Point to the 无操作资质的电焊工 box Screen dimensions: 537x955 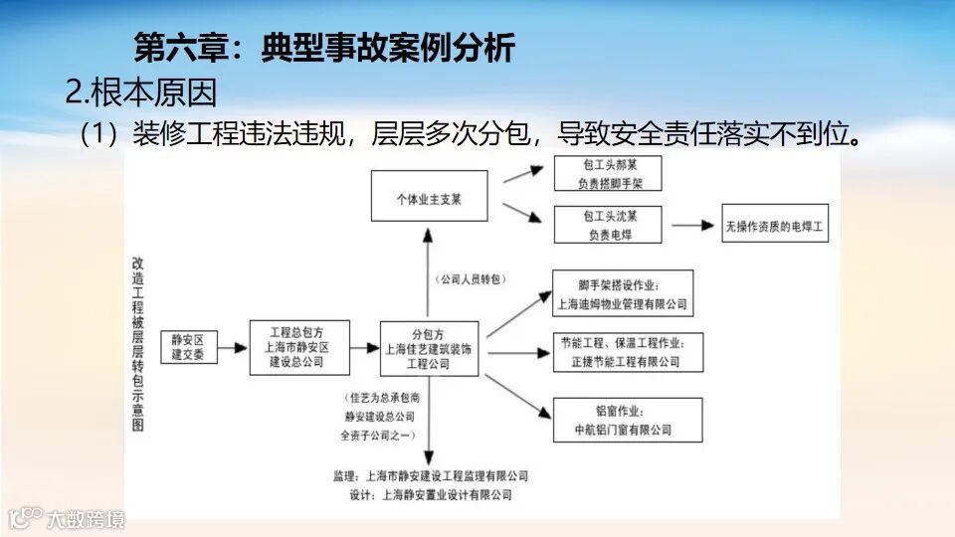click(x=777, y=226)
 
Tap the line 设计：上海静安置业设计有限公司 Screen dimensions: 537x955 click(x=423, y=494)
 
